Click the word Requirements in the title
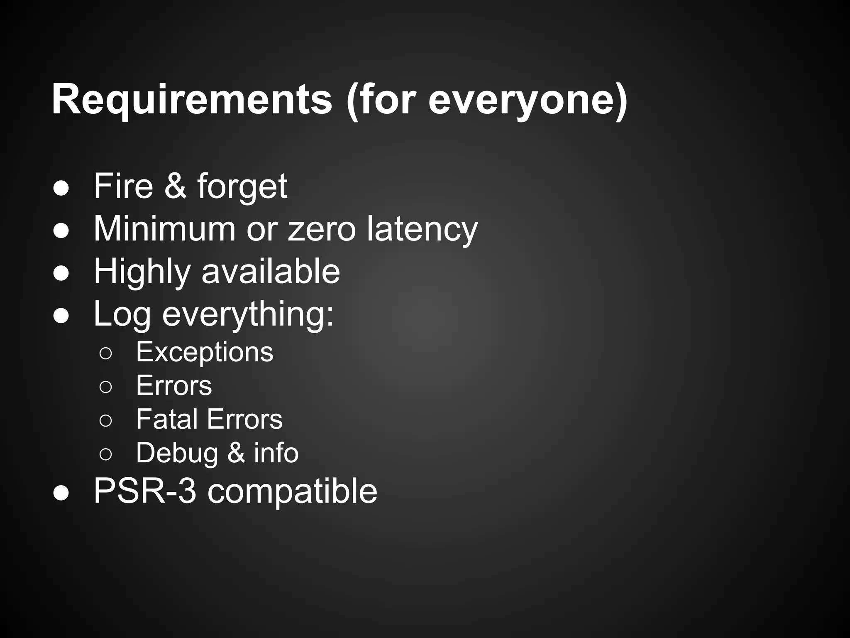(x=192, y=100)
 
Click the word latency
(x=422, y=229)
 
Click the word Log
(x=122, y=314)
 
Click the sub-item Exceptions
(x=205, y=352)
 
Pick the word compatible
(x=292, y=492)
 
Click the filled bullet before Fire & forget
(x=61, y=187)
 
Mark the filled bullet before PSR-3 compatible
(x=61, y=493)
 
